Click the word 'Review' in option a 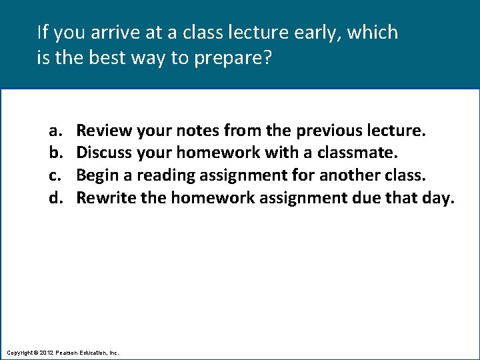click(103, 129)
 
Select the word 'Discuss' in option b click(105, 152)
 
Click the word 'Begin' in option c click(97, 175)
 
